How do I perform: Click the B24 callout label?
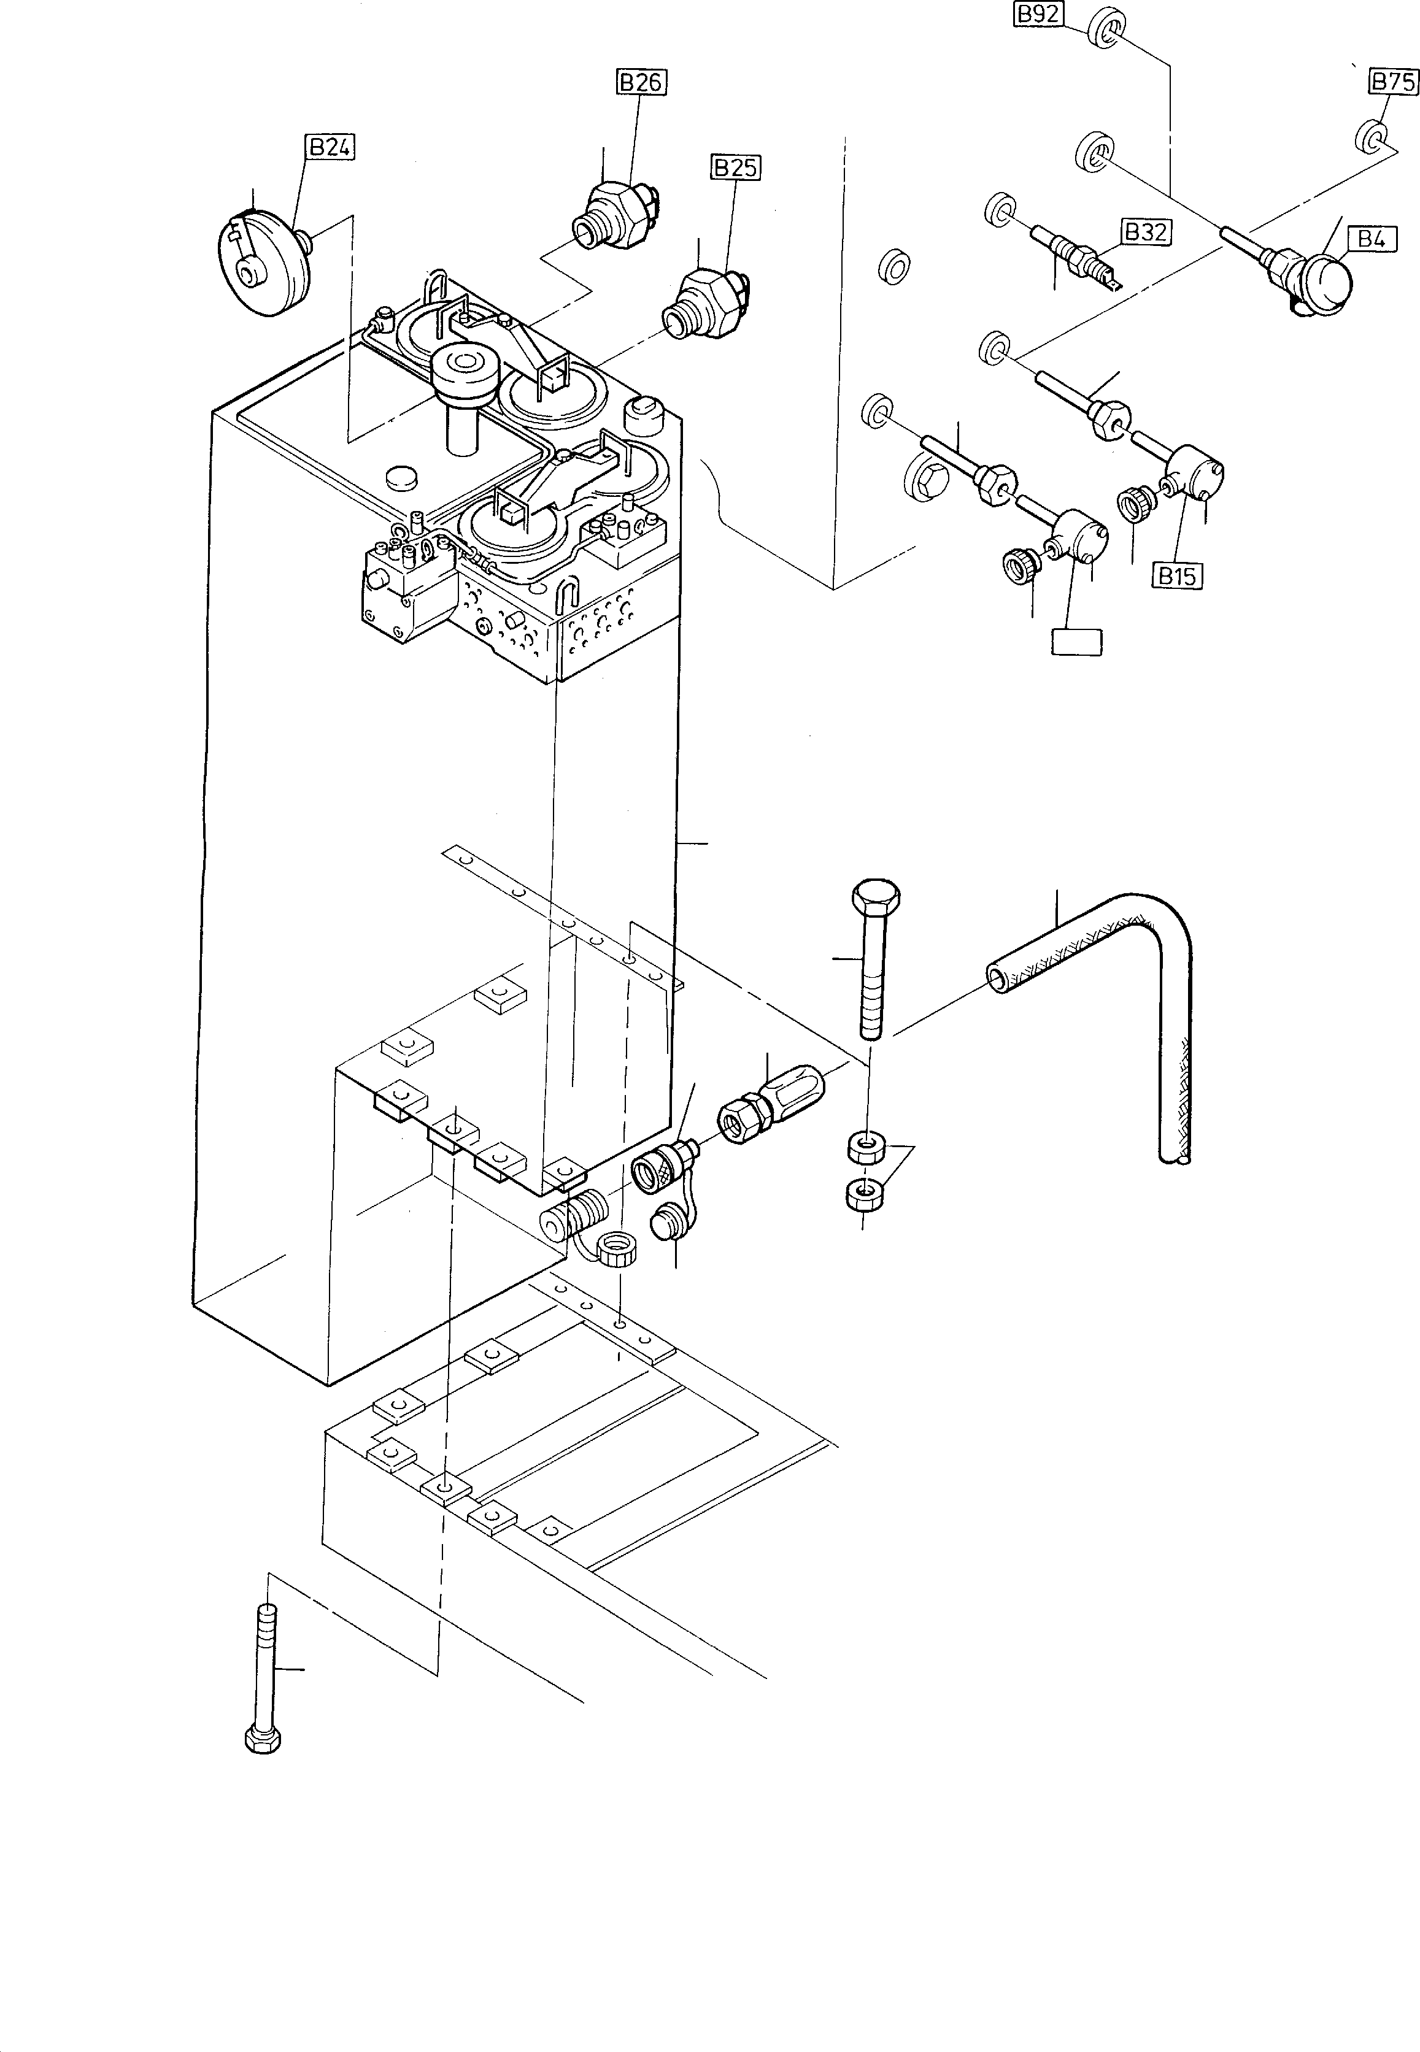pos(330,147)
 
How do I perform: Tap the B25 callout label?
pos(736,166)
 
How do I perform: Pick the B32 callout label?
pos(1145,232)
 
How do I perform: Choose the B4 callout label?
pos(1371,239)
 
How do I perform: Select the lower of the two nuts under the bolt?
pos(863,1194)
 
